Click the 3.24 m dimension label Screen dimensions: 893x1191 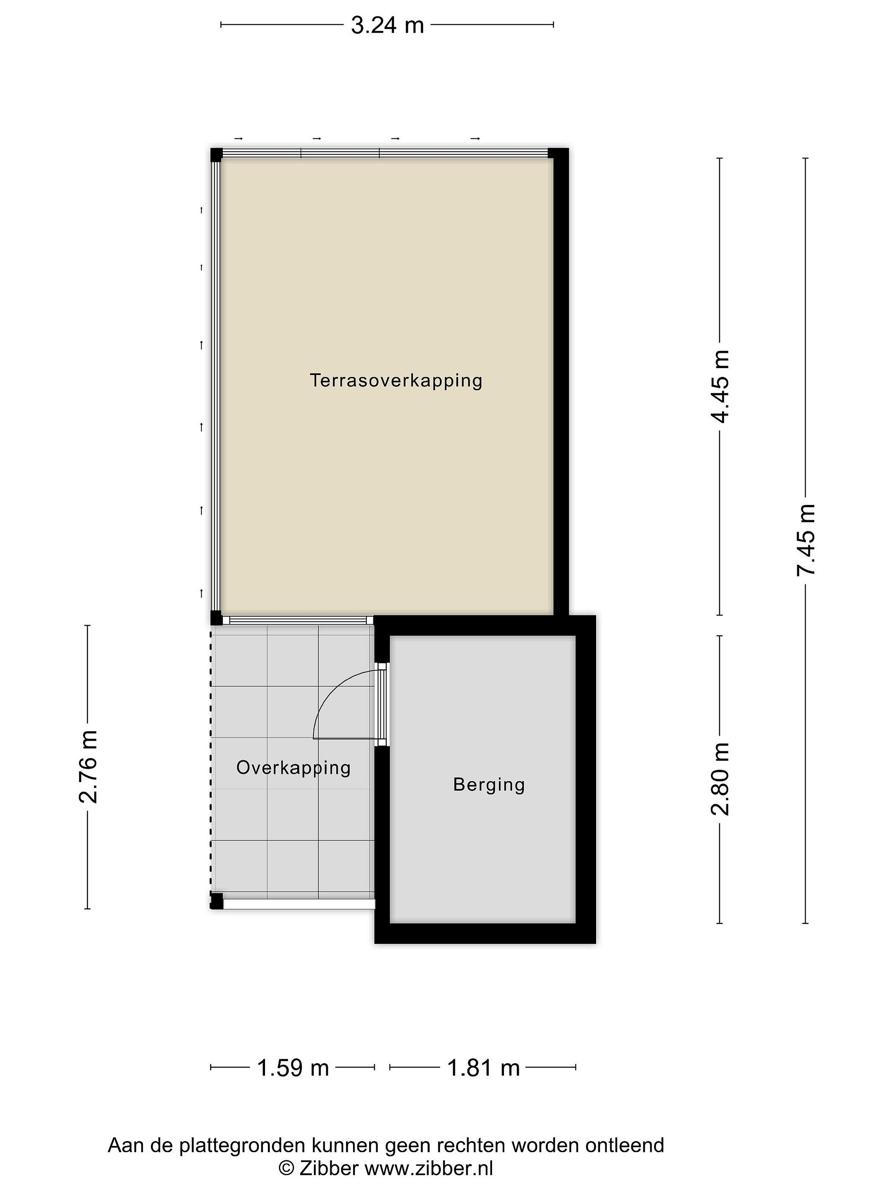(387, 25)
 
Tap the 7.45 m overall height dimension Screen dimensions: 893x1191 (806, 540)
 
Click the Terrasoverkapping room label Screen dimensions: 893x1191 (396, 381)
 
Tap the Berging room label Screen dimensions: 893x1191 (489, 785)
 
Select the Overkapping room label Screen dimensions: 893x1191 (294, 768)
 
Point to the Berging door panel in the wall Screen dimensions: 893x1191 (382, 704)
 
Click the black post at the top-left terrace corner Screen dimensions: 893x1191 (216, 155)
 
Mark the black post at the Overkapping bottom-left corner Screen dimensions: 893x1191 (216, 901)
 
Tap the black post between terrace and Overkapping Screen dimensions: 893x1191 (216, 617)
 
